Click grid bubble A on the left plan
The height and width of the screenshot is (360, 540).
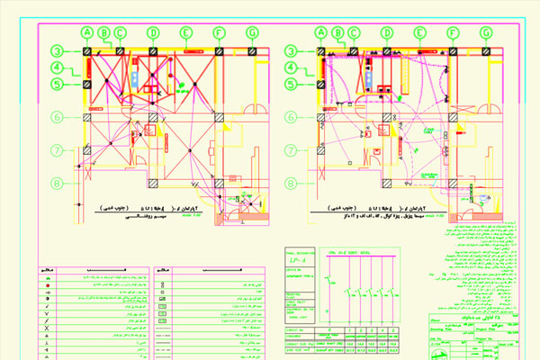click(87, 33)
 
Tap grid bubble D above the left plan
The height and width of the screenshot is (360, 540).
click(153, 33)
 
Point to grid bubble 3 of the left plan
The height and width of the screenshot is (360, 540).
click(56, 51)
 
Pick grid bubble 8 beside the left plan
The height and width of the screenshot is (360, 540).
click(56, 183)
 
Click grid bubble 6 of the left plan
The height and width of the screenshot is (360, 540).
click(56, 116)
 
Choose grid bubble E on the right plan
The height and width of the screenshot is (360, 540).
click(419, 33)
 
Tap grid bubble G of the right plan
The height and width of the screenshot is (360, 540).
click(486, 33)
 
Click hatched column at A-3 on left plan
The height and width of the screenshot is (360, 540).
click(88, 51)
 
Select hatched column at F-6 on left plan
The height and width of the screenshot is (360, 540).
click(219, 116)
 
